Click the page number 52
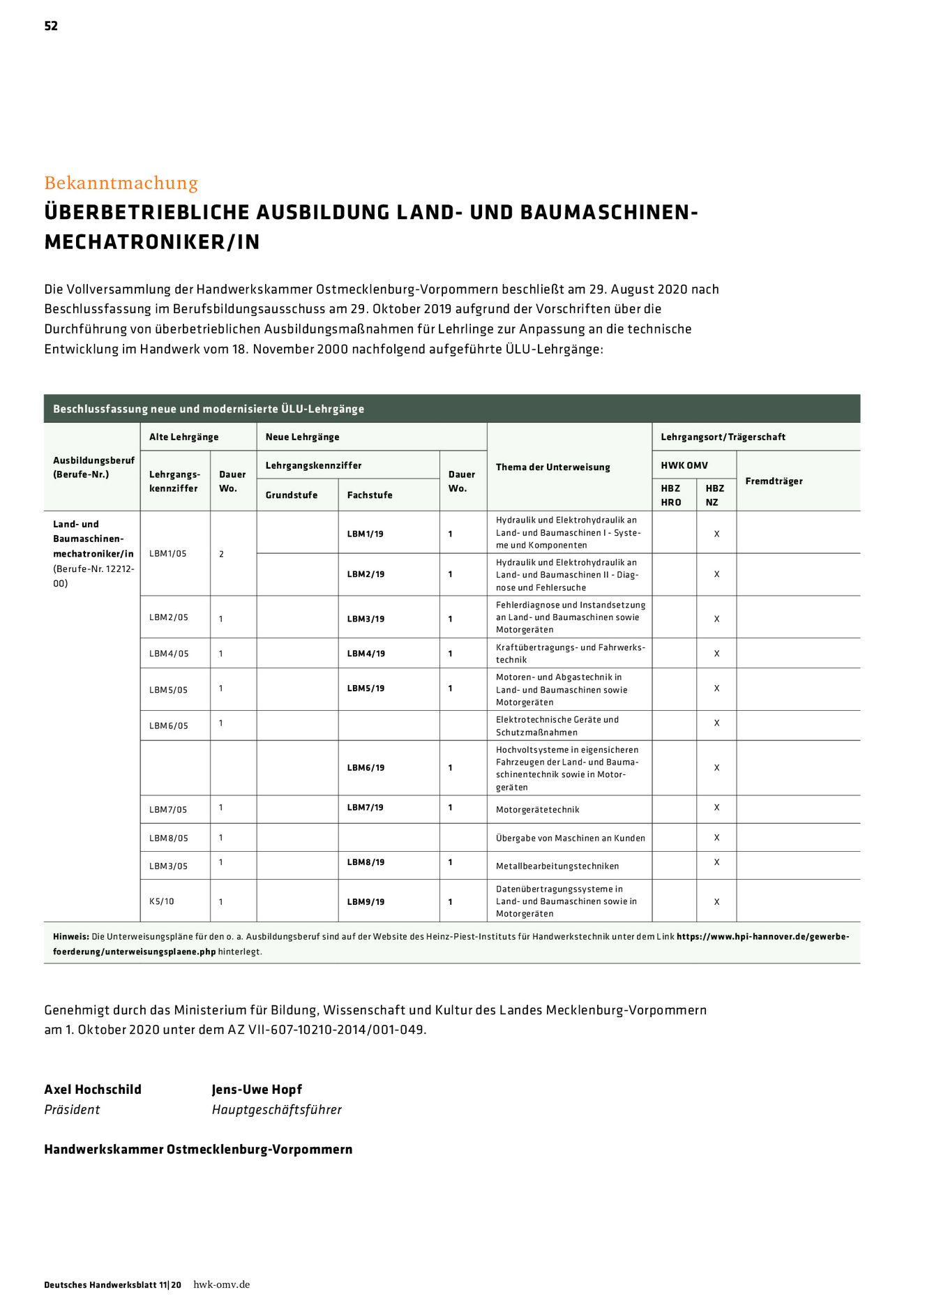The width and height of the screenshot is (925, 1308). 51,26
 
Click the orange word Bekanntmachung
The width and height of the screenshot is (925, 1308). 121,183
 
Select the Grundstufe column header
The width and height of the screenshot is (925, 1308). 291,495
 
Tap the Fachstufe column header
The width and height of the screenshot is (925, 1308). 369,495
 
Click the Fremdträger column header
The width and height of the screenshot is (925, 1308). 774,481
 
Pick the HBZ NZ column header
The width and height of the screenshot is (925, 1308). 714,495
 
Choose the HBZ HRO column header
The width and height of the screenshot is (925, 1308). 670,495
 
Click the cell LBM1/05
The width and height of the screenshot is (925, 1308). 168,553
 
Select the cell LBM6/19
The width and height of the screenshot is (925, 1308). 366,767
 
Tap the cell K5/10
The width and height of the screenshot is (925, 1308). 162,901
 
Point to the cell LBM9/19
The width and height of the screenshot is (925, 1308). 366,901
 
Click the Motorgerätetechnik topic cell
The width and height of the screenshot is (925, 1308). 537,809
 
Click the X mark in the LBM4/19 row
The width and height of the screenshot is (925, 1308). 716,654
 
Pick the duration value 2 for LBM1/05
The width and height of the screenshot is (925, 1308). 221,554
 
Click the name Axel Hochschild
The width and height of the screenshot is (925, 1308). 93,1089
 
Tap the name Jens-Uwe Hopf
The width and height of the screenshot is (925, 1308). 257,1089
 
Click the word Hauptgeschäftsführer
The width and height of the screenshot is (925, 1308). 276,1109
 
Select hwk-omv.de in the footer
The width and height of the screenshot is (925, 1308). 221,1284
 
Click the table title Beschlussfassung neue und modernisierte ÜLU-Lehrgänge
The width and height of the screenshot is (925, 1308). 209,409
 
